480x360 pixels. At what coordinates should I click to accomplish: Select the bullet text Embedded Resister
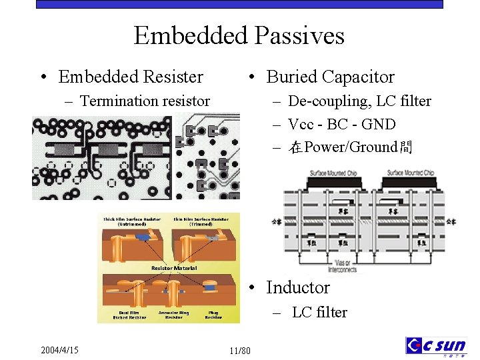pyautogui.click(x=131, y=77)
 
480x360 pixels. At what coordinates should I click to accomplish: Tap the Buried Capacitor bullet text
pyautogui.click(x=330, y=77)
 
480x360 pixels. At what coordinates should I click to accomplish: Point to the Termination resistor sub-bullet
pyautogui.click(x=145, y=101)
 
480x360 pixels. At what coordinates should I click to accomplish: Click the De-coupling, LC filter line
pyautogui.click(x=359, y=101)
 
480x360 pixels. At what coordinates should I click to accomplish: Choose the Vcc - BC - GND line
pyautogui.click(x=341, y=125)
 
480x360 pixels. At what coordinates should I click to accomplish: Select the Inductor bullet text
pyautogui.click(x=297, y=288)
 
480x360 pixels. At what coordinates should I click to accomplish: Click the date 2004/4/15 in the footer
pyautogui.click(x=59, y=350)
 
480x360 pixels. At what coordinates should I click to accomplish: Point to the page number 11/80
pyautogui.click(x=239, y=351)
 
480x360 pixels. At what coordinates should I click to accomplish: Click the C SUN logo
pyautogui.click(x=436, y=347)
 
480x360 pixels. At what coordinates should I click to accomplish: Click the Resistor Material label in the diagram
pyautogui.click(x=174, y=268)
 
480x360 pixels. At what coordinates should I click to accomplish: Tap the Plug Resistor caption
pyautogui.click(x=213, y=314)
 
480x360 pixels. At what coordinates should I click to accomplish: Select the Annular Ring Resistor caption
pyautogui.click(x=174, y=314)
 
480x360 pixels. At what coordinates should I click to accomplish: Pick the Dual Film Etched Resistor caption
pyautogui.click(x=130, y=314)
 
